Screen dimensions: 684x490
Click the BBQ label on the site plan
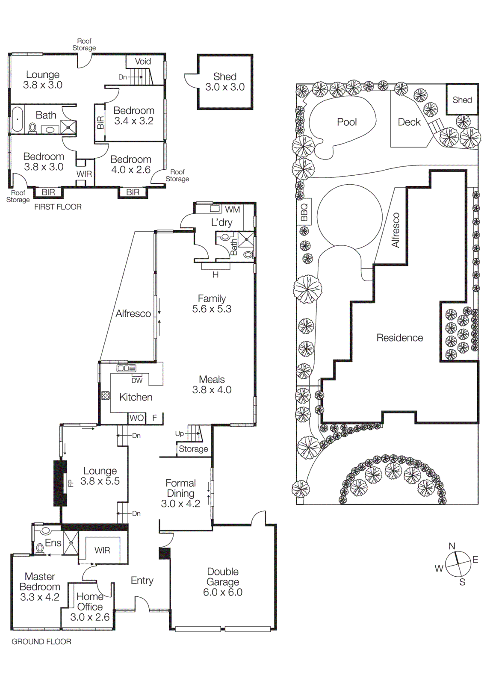coord(304,212)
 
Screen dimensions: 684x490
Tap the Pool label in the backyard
coord(347,122)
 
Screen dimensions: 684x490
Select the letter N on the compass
coord(452,546)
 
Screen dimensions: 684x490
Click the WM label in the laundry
coord(232,209)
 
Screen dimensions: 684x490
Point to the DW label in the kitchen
coord(137,380)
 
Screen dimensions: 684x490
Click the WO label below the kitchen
coord(136,418)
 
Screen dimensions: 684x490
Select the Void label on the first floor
coord(143,62)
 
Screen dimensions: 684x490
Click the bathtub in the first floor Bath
coord(17,119)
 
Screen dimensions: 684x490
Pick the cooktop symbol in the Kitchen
coord(105,395)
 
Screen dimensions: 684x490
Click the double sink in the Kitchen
coord(126,368)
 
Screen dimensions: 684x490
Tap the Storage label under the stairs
coord(193,449)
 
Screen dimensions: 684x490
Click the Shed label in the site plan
coord(462,100)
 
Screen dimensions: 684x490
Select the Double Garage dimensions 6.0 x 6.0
coord(222,592)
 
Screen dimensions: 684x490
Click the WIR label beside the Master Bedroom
coord(102,550)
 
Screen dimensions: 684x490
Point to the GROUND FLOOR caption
coord(41,641)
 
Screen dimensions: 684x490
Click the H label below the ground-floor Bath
coord(215,275)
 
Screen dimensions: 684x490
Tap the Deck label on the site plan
coord(409,122)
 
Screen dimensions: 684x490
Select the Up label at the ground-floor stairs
coord(179,433)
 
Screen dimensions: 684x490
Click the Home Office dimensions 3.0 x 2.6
coord(90,617)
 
